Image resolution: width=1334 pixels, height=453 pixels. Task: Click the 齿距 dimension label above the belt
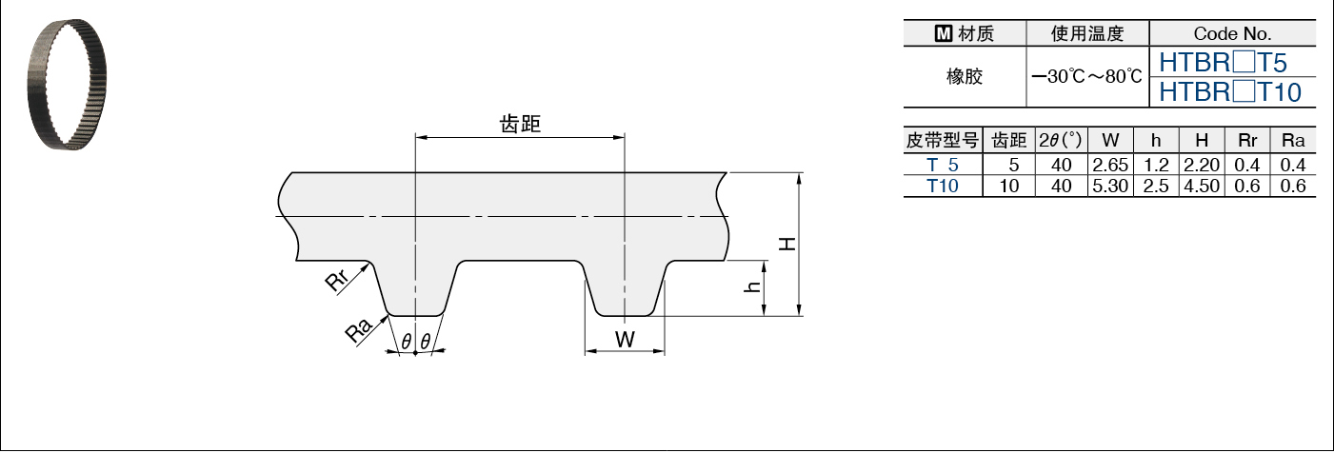coord(520,124)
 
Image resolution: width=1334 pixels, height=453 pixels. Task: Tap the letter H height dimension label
coord(787,244)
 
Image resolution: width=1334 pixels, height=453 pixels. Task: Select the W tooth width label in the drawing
coord(624,339)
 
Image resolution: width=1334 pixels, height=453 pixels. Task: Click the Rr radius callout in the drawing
coord(338,284)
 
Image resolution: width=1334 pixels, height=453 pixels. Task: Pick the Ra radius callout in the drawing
coord(357,331)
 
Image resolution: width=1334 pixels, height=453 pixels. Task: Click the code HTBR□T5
coord(1223,63)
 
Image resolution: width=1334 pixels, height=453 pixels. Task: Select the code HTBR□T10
coord(1230,91)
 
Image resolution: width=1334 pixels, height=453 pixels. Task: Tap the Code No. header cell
coord(1232,33)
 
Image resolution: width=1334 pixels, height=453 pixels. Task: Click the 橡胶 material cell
coord(964,76)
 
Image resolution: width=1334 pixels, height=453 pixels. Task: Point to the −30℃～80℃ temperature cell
coord(1086,76)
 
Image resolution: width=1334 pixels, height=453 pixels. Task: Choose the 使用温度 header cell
coord(1086,33)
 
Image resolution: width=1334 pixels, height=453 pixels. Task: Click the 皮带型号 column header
coord(943,140)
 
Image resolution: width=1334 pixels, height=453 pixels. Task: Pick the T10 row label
coord(943,186)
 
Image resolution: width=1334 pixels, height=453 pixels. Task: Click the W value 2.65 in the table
coord(1110,164)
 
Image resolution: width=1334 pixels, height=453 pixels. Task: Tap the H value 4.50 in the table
coord(1202,186)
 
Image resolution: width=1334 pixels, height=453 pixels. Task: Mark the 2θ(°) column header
coord(1059,140)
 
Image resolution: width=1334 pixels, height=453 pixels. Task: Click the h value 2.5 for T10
coord(1156,186)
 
